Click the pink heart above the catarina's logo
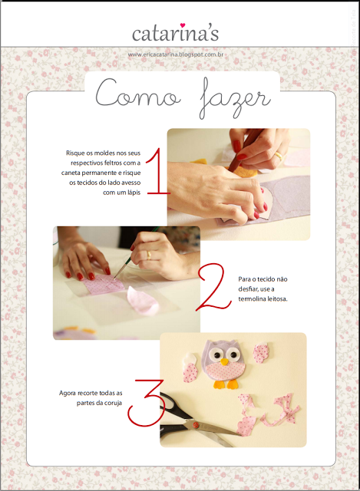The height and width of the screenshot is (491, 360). click(183, 25)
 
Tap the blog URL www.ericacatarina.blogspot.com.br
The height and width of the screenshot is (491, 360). click(176, 54)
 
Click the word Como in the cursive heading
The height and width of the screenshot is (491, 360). click(138, 94)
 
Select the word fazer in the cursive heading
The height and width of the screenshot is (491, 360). click(235, 97)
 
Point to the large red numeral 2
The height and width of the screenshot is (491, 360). click(213, 287)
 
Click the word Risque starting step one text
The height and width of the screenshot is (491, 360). click(75, 153)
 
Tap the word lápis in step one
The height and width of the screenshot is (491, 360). click(133, 193)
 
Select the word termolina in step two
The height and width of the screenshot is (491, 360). click(253, 298)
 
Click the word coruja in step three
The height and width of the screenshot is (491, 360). click(113, 403)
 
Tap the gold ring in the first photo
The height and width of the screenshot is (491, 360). click(279, 156)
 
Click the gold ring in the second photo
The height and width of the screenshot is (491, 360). click(148, 255)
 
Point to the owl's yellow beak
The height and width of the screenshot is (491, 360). click(224, 362)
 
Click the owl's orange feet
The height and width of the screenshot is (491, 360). click(226, 384)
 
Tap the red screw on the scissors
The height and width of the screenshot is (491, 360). click(197, 425)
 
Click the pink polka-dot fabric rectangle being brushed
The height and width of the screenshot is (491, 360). click(104, 284)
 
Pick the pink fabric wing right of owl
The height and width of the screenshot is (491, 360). click(261, 353)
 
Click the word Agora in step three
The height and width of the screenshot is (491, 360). click(68, 394)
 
